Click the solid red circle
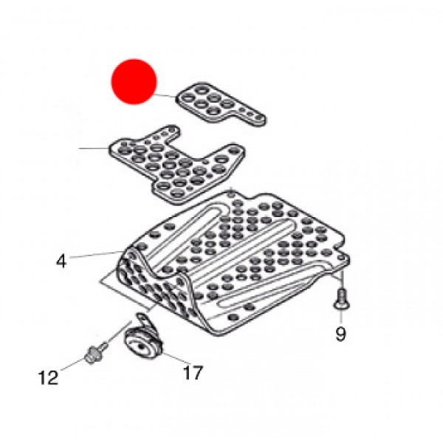point(134,81)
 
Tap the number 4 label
point(61,261)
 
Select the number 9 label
point(340,334)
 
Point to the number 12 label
point(48,378)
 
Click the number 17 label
point(192,374)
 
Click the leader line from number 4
point(96,255)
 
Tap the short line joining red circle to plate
point(166,95)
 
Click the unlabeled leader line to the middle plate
point(95,148)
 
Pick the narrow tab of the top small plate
point(251,117)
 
